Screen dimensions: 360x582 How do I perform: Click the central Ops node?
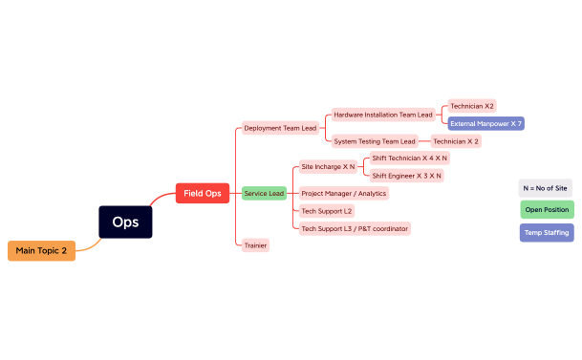point(125,222)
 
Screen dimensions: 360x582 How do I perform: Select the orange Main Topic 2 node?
point(41,250)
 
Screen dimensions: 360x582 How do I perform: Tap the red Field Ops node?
point(202,194)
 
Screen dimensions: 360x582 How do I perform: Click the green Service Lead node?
point(264,193)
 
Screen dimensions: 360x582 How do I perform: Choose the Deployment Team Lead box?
point(280,128)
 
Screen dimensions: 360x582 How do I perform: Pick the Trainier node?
point(255,245)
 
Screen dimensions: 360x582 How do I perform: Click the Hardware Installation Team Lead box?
point(382,114)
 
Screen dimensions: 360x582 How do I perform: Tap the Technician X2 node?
point(472,106)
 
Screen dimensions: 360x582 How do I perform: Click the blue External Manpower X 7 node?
point(485,123)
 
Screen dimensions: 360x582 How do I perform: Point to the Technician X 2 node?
point(456,141)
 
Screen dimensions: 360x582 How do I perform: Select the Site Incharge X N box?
point(328,166)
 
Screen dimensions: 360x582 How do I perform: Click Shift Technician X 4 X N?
point(409,158)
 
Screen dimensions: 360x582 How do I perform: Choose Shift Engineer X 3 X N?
point(406,176)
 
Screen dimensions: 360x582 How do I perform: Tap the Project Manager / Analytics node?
point(343,193)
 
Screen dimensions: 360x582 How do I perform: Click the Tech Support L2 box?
point(327,210)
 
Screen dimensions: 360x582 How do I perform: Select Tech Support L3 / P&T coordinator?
point(355,228)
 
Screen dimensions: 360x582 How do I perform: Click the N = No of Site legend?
point(546,188)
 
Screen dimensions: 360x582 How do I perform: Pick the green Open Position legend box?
point(547,209)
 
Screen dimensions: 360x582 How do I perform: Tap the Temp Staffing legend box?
point(547,232)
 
